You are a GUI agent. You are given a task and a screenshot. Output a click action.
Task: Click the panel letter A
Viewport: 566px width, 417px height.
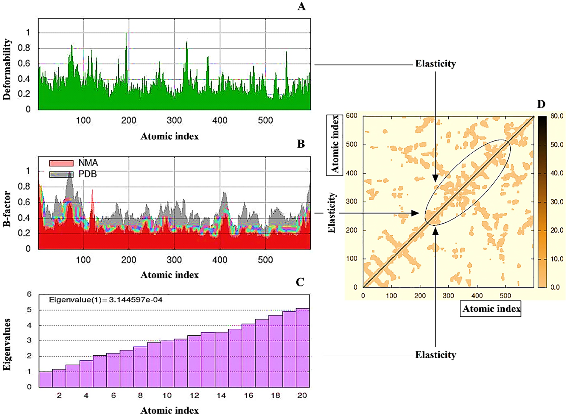point(301,6)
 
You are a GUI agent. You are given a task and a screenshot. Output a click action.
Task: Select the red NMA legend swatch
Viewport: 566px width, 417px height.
point(61,163)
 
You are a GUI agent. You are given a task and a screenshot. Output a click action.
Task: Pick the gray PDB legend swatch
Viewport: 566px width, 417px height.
point(61,174)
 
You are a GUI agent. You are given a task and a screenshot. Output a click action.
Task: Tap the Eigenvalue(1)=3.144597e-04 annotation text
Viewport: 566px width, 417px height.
point(105,300)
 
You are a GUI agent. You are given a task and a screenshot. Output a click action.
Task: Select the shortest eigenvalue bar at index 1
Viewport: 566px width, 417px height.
point(46,379)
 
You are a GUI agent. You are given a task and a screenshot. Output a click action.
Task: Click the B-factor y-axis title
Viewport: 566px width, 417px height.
point(7,209)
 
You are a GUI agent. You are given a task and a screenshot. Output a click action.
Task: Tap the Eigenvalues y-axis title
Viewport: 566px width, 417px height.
point(7,345)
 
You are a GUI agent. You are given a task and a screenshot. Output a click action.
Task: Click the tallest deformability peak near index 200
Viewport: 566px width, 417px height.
point(126,34)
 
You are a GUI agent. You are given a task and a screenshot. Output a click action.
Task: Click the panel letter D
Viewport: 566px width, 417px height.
point(541,104)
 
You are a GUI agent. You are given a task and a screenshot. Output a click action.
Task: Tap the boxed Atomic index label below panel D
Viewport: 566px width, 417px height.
point(491,309)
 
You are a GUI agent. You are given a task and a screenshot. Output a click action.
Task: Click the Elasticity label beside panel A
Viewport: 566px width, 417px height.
point(436,64)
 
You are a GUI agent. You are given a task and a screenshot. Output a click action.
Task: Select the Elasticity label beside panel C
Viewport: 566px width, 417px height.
point(436,355)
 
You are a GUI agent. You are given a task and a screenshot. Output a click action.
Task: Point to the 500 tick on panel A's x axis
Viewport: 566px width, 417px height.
point(265,120)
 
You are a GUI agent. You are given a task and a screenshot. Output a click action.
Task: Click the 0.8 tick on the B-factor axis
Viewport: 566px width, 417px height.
point(24,187)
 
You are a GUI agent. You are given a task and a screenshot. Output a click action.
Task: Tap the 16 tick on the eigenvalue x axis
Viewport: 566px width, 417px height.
point(248,396)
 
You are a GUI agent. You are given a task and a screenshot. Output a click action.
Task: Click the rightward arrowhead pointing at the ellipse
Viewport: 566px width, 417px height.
point(416,213)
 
